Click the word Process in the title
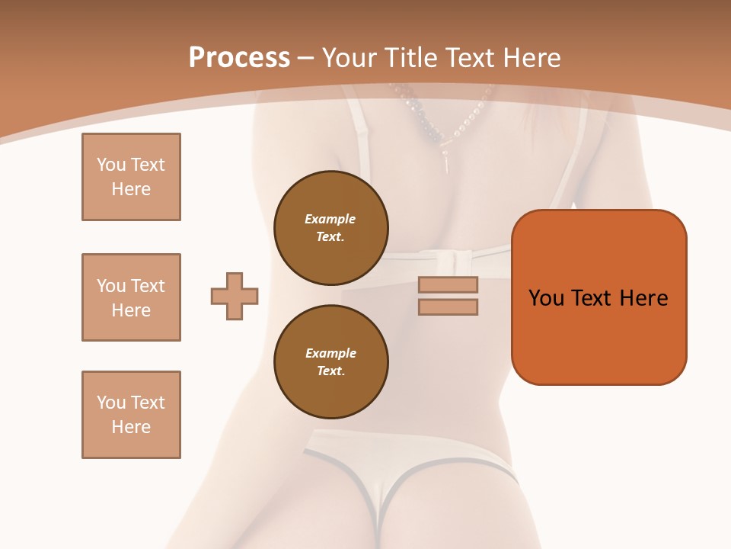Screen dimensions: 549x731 tap(239, 58)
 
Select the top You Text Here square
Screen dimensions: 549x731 tap(131, 177)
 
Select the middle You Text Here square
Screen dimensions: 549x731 tap(131, 297)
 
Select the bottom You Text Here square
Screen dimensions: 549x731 tap(131, 415)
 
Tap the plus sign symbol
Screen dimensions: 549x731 tap(235, 296)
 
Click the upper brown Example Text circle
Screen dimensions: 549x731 tap(330, 228)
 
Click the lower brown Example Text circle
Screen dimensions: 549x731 tap(330, 362)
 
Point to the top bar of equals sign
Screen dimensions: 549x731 tap(448, 284)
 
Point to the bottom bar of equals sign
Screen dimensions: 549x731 tap(448, 307)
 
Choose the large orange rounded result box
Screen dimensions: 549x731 tap(599, 297)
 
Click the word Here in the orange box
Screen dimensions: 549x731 tap(643, 298)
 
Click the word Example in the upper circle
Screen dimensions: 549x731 tap(330, 219)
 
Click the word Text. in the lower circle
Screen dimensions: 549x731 tap(330, 371)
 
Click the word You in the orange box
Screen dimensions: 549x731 tap(547, 298)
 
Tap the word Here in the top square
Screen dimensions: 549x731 tap(131, 189)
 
